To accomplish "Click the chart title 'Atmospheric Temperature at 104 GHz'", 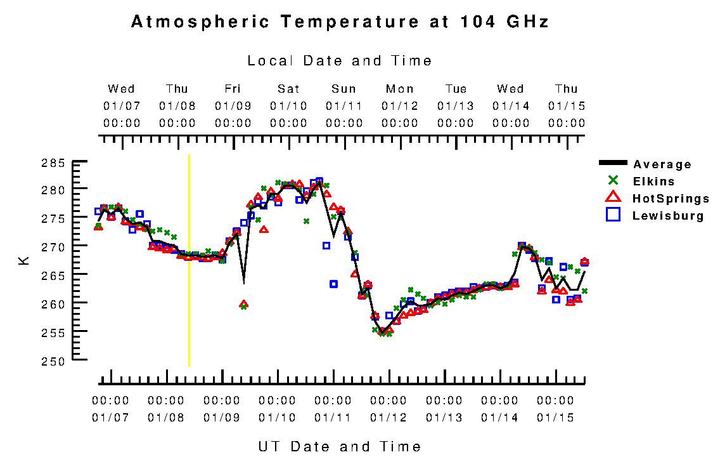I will pos(339,22).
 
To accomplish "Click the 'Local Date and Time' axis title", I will pos(339,61).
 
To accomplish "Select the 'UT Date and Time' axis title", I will pos(339,446).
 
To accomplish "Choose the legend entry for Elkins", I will pos(653,182).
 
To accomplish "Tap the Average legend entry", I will pos(662,164).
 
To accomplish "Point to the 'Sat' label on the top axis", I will pos(288,89).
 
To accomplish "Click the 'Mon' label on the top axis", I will pos(400,89).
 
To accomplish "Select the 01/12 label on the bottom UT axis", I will pos(389,418).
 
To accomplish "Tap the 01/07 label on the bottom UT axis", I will pos(110,418).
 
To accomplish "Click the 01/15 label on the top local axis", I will pos(567,105).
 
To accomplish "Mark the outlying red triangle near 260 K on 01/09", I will pos(243,305).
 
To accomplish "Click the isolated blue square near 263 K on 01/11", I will pos(333,284).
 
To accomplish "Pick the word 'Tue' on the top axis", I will pos(456,89).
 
